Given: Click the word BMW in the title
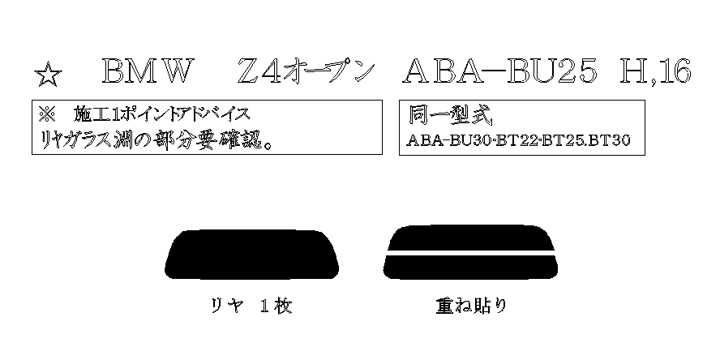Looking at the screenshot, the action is pyautogui.click(x=146, y=72).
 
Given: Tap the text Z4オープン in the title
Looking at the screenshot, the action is pyautogui.click(x=305, y=72).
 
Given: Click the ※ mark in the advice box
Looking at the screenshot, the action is pyautogui.click(x=46, y=115).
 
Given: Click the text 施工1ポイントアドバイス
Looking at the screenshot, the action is pyautogui.click(x=161, y=115).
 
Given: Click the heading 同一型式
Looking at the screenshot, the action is pyautogui.click(x=450, y=117).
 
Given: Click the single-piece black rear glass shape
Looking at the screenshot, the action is pyautogui.click(x=251, y=255).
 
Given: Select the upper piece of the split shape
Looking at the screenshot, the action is pyautogui.click(x=470, y=238).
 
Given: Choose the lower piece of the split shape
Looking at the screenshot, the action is pyautogui.click(x=470, y=268).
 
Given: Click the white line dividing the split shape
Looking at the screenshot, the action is pyautogui.click(x=470, y=254).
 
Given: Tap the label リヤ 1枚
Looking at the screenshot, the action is pyautogui.click(x=251, y=306).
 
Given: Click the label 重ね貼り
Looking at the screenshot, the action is pyautogui.click(x=472, y=306).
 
